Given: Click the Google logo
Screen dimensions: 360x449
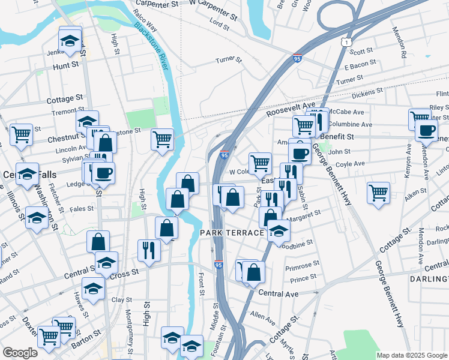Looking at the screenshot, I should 20,352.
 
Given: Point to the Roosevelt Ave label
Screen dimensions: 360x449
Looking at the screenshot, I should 291,107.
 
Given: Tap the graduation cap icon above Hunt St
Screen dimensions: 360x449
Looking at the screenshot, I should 70,42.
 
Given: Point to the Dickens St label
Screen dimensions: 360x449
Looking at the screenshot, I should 367,93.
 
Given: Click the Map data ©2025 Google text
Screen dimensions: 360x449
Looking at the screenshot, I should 412,355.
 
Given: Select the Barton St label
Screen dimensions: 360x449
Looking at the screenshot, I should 83,344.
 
